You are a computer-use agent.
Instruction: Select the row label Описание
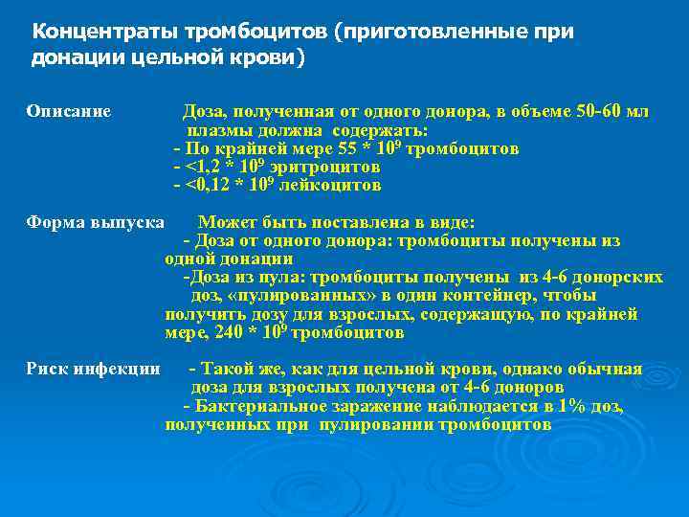click(x=68, y=112)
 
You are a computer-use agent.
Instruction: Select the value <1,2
click(x=204, y=168)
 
